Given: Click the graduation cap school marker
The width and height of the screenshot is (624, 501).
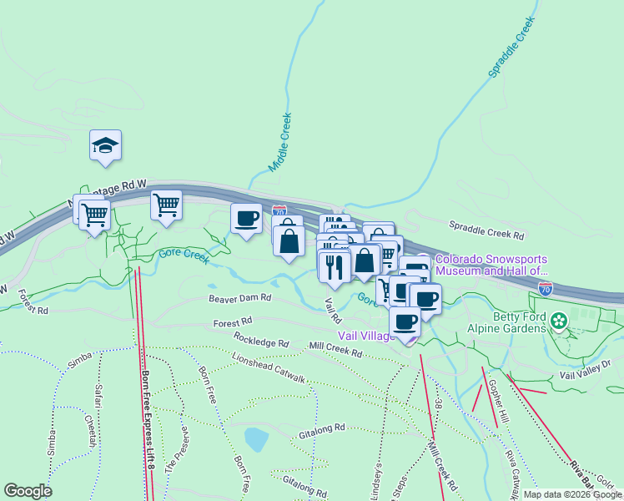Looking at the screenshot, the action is pyautogui.click(x=106, y=146).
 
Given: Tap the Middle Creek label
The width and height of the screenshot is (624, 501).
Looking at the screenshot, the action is pyautogui.click(x=279, y=143).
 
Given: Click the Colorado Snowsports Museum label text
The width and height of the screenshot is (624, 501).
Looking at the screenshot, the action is pyautogui.click(x=491, y=265).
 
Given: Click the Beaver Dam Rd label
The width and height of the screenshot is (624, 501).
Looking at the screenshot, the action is pyautogui.click(x=240, y=297).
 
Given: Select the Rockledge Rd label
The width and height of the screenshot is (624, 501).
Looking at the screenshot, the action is pyautogui.click(x=261, y=342).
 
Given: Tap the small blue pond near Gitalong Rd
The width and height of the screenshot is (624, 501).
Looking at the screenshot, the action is pyautogui.click(x=255, y=438).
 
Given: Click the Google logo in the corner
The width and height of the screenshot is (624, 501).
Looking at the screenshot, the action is pyautogui.click(x=28, y=491).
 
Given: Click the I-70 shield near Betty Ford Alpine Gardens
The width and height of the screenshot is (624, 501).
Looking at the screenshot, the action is pyautogui.click(x=546, y=289).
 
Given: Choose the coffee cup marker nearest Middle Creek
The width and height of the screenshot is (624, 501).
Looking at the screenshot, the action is pyautogui.click(x=246, y=219).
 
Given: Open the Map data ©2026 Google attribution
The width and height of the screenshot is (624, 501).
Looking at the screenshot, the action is pyautogui.click(x=572, y=494).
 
